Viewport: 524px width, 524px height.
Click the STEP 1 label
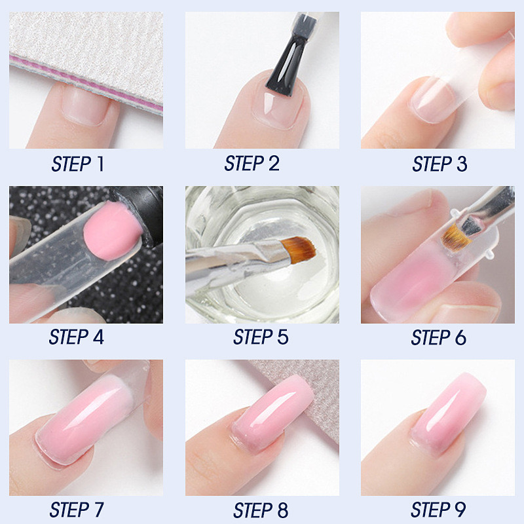[x=77, y=164]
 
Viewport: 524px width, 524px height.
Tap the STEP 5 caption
[x=261, y=337]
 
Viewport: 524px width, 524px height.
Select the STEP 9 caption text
[x=438, y=510]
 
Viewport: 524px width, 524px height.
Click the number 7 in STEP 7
[x=97, y=510]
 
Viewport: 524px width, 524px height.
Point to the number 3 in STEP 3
[x=462, y=164]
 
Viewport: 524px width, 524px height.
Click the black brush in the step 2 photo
[x=287, y=64]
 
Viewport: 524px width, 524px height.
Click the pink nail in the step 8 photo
[x=271, y=412]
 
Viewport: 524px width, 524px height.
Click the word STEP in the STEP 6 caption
[x=429, y=337]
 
